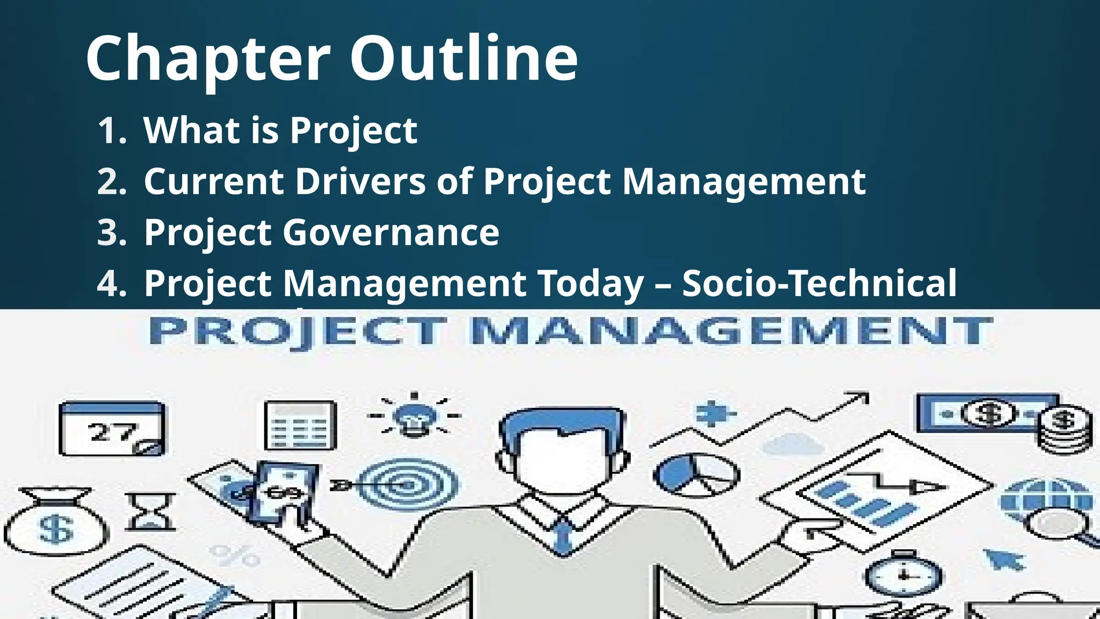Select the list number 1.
112,131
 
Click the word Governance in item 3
391,232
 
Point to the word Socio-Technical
820,283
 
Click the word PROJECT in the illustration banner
297,331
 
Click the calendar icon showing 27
112,428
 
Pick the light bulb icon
414,417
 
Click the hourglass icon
150,510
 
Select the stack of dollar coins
1064,430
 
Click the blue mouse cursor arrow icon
1004,559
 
